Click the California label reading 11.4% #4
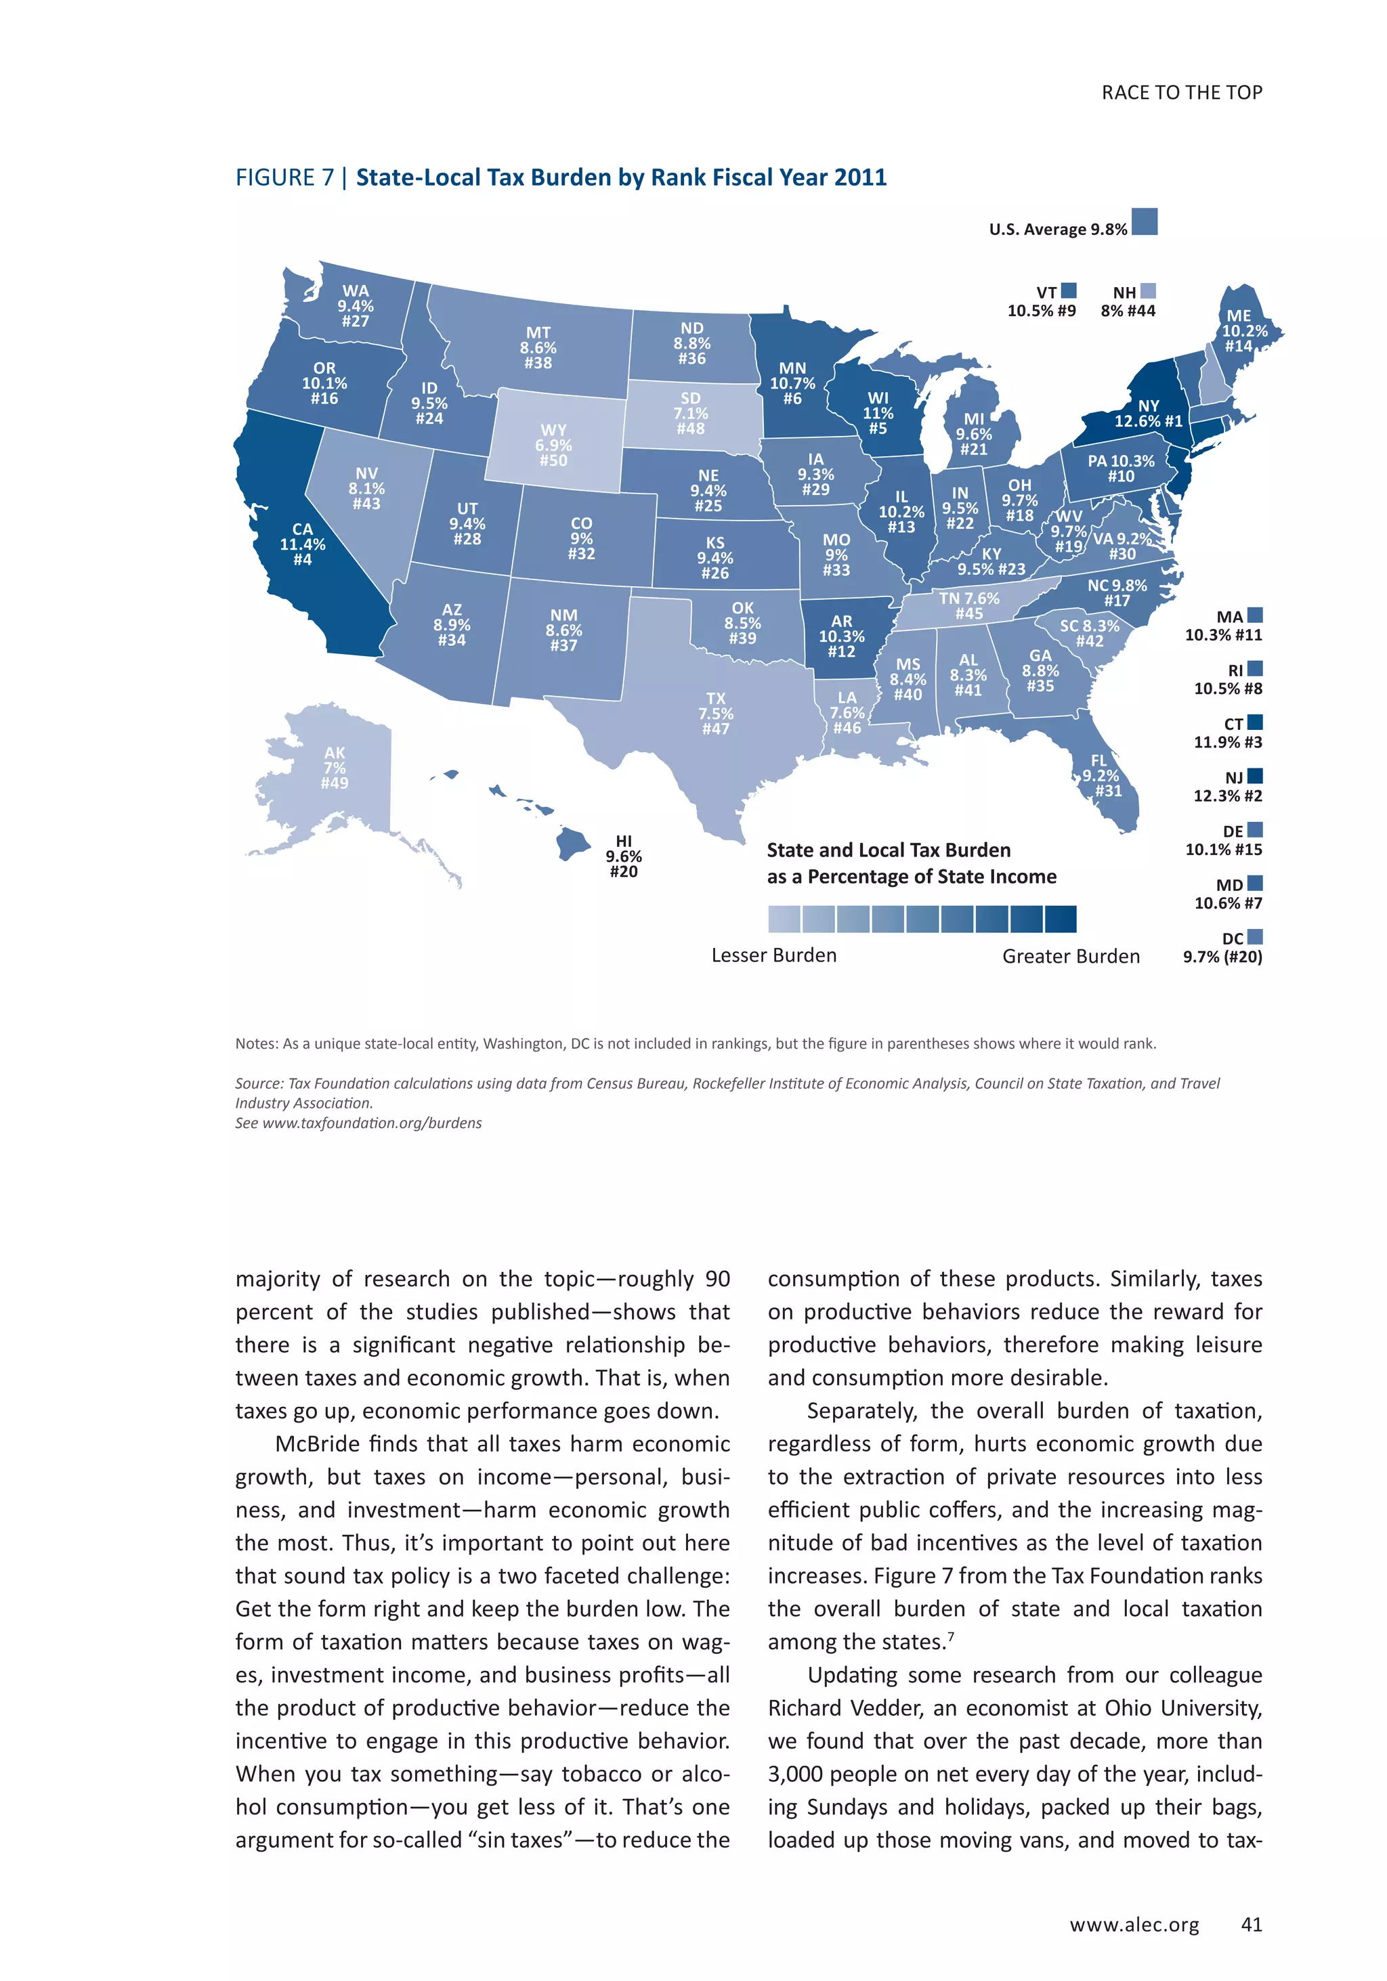click(302, 544)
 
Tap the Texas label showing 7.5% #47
click(715, 714)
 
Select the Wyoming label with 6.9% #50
click(553, 445)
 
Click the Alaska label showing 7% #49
click(334, 768)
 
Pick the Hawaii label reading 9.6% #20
click(623, 856)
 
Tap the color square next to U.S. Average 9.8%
click(1145, 222)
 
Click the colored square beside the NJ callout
click(1255, 776)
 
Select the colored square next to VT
click(1069, 290)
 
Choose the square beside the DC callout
click(1255, 936)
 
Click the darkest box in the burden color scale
click(1060, 919)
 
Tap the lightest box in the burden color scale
click(784, 919)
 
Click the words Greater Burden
click(1070, 956)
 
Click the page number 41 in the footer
click(1251, 1924)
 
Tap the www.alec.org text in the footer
click(1134, 1925)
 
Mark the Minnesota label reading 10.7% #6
click(792, 383)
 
